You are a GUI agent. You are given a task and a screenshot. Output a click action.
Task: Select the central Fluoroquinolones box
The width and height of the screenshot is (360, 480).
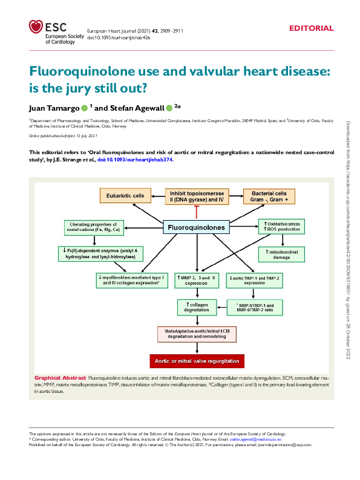pyautogui.click(x=195, y=228)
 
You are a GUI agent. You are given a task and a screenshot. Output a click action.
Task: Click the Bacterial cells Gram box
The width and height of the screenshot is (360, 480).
pyautogui.click(x=269, y=196)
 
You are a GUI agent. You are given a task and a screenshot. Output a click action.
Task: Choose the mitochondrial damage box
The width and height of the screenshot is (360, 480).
pyautogui.click(x=281, y=253)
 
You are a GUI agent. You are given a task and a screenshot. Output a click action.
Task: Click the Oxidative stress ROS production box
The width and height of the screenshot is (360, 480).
pyautogui.click(x=281, y=227)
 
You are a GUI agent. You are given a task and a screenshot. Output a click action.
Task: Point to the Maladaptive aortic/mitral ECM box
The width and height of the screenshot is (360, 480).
pyautogui.click(x=196, y=334)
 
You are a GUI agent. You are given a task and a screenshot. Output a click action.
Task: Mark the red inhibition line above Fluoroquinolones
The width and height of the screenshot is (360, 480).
pyautogui.click(x=195, y=211)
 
